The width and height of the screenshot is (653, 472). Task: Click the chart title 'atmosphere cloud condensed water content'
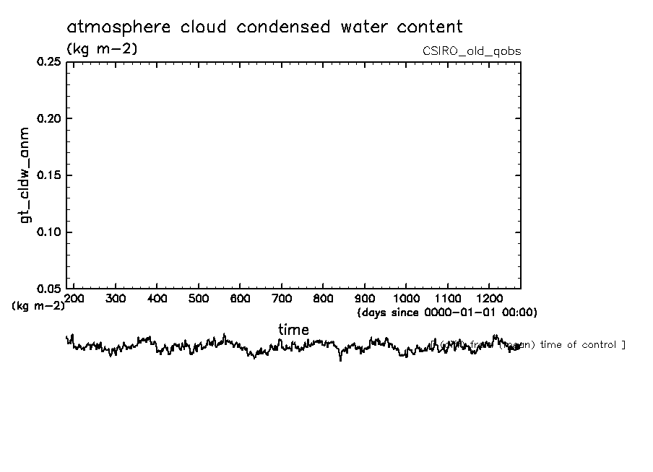pos(264,27)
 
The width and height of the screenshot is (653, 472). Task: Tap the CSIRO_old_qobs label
pos(472,51)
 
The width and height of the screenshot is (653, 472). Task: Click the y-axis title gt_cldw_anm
pos(25,175)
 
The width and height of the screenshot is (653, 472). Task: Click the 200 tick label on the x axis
pos(74,298)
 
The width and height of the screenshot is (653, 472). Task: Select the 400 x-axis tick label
pos(157,298)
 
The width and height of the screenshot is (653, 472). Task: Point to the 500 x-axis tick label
pos(199,298)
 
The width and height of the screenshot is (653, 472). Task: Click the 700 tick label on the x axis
pos(282,298)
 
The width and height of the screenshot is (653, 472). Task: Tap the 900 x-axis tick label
pos(365,298)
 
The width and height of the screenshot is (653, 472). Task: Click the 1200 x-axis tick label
pos(490,298)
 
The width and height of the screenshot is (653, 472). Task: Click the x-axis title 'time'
pos(293,330)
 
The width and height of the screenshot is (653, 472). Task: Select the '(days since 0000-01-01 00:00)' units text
pos(447,313)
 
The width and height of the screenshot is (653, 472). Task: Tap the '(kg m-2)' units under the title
pos(102,49)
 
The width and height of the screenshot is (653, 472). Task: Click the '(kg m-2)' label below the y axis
pos(38,305)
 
